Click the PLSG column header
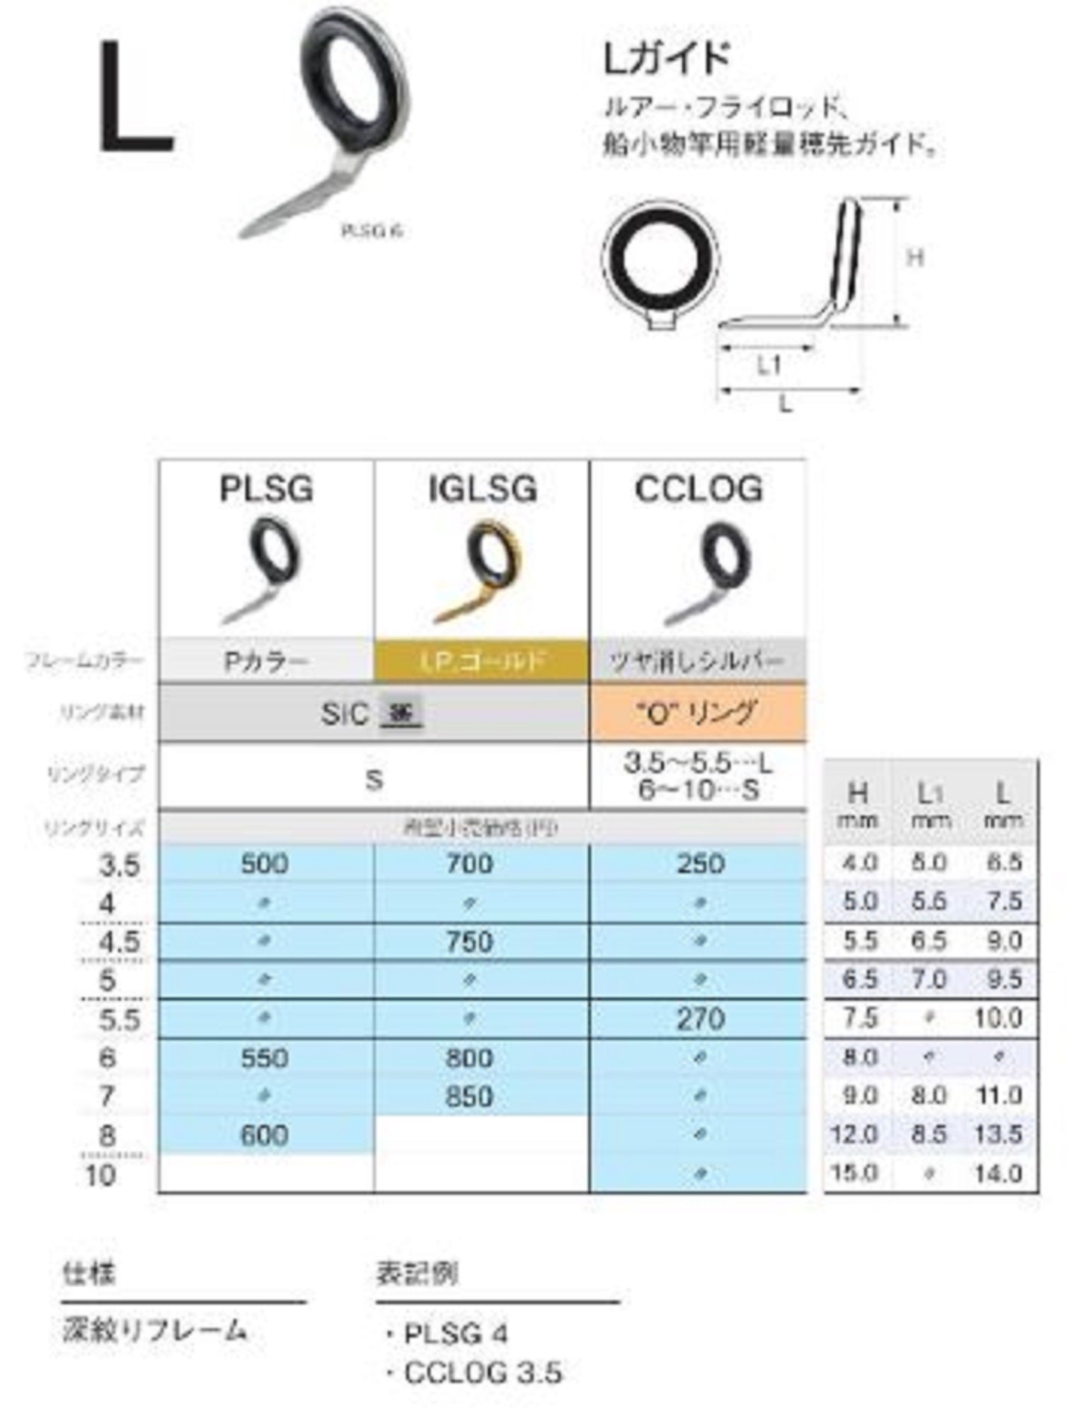click(x=266, y=489)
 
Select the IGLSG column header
click(x=483, y=489)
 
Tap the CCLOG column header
click(x=698, y=489)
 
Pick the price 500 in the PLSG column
click(x=265, y=864)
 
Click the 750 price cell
click(x=469, y=942)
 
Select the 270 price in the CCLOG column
click(x=700, y=1019)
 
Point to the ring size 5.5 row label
click(x=119, y=1020)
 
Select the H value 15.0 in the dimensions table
click(x=855, y=1173)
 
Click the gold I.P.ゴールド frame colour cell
click(x=481, y=661)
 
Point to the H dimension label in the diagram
click(x=916, y=258)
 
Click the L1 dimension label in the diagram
click(x=769, y=366)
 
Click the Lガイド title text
click(x=665, y=59)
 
